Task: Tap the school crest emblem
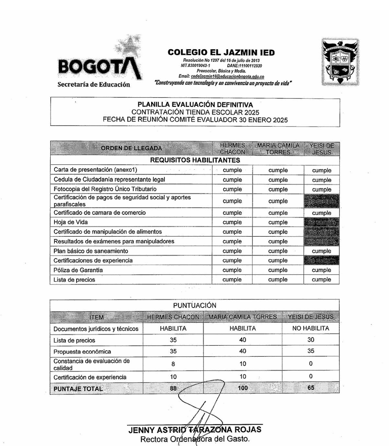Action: (x=340, y=61)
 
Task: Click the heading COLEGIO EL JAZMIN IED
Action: (x=221, y=52)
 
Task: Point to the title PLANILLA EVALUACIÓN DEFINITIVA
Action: (x=195, y=104)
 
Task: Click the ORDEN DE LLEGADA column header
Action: (x=131, y=148)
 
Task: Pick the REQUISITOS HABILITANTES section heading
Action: (x=195, y=160)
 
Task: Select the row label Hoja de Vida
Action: (x=68, y=222)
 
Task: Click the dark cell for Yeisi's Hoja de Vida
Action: (x=322, y=222)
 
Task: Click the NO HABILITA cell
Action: (x=310, y=328)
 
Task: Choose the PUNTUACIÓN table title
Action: (x=194, y=305)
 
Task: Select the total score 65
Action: (x=310, y=388)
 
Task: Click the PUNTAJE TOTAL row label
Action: (x=78, y=389)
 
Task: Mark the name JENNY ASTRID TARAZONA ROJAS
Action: (x=195, y=430)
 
